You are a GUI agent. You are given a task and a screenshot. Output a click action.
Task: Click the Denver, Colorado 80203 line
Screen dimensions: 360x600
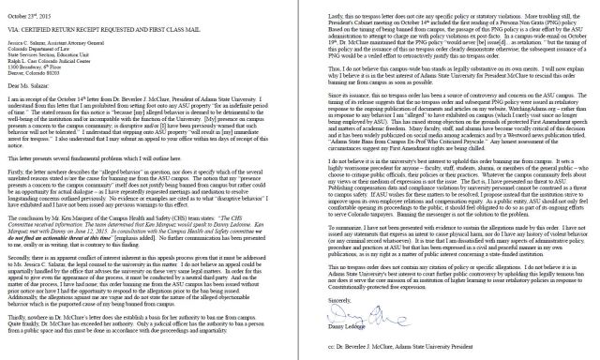coord(42,76)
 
